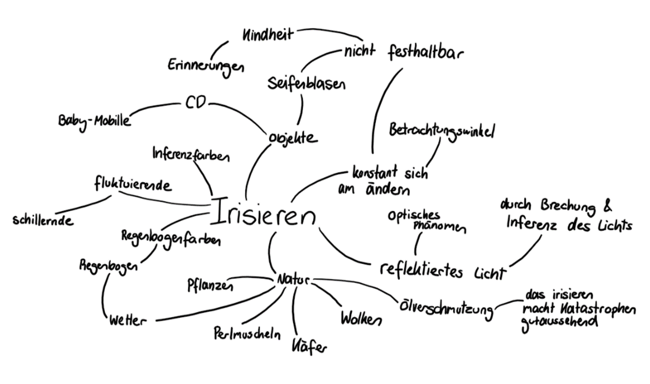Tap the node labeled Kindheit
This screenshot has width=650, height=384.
click(268, 35)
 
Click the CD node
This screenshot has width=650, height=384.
click(195, 103)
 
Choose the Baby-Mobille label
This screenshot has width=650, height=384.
click(94, 120)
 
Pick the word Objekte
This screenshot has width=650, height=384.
click(292, 137)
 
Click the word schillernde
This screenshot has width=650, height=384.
click(43, 220)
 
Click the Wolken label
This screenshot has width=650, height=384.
click(361, 318)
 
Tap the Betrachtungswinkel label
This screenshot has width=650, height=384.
click(442, 131)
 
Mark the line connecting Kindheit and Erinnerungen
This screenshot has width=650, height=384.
click(219, 47)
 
